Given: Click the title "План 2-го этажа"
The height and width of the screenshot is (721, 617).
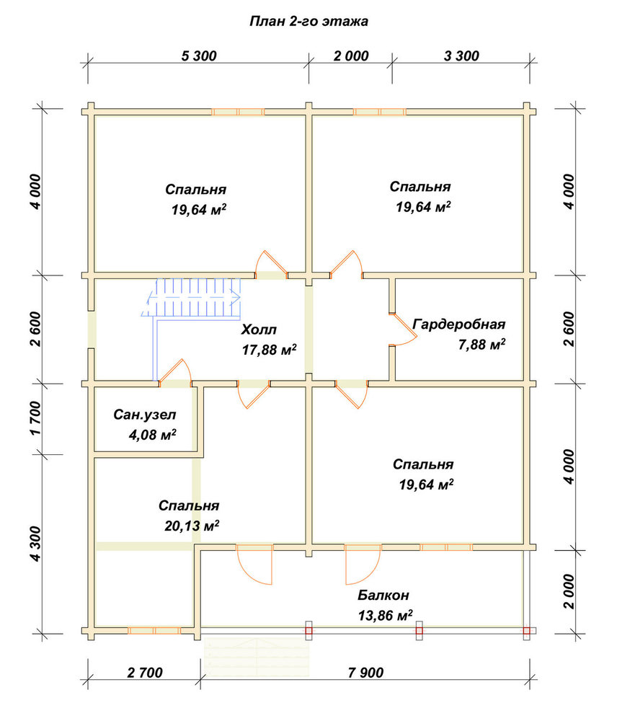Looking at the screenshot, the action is pyautogui.click(x=308, y=22).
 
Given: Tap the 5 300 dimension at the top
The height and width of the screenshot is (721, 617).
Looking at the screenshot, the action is pyautogui.click(x=199, y=56).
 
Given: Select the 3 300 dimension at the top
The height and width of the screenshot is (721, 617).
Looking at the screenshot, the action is pyautogui.click(x=461, y=56).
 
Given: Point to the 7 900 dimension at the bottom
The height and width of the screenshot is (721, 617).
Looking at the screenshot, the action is pyautogui.click(x=365, y=673).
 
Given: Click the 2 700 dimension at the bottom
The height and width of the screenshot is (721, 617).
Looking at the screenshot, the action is pyautogui.click(x=145, y=673).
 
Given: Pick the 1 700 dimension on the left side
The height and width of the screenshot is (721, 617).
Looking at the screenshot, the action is pyautogui.click(x=36, y=418).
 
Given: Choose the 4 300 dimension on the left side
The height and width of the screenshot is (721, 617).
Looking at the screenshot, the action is pyautogui.click(x=36, y=544).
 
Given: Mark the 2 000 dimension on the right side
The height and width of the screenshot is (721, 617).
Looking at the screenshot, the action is pyautogui.click(x=569, y=591).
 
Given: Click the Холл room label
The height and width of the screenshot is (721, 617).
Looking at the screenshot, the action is pyautogui.click(x=259, y=329).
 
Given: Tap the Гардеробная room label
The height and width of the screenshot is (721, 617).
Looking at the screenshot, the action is pyautogui.click(x=459, y=324).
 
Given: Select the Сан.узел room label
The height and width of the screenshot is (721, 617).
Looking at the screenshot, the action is pyautogui.click(x=145, y=415).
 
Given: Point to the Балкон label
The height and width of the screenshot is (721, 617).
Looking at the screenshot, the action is pyautogui.click(x=383, y=595).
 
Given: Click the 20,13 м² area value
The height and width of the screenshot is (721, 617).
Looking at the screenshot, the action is pyautogui.click(x=192, y=525).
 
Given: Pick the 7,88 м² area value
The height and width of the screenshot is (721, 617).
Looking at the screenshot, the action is pyautogui.click(x=481, y=344).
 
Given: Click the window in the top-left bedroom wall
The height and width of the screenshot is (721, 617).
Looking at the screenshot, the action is pyautogui.click(x=238, y=112).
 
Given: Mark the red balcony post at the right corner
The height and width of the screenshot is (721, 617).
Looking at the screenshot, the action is pyautogui.click(x=526, y=631).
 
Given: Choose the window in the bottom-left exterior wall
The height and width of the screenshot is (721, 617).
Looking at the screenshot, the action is pyautogui.click(x=154, y=630).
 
